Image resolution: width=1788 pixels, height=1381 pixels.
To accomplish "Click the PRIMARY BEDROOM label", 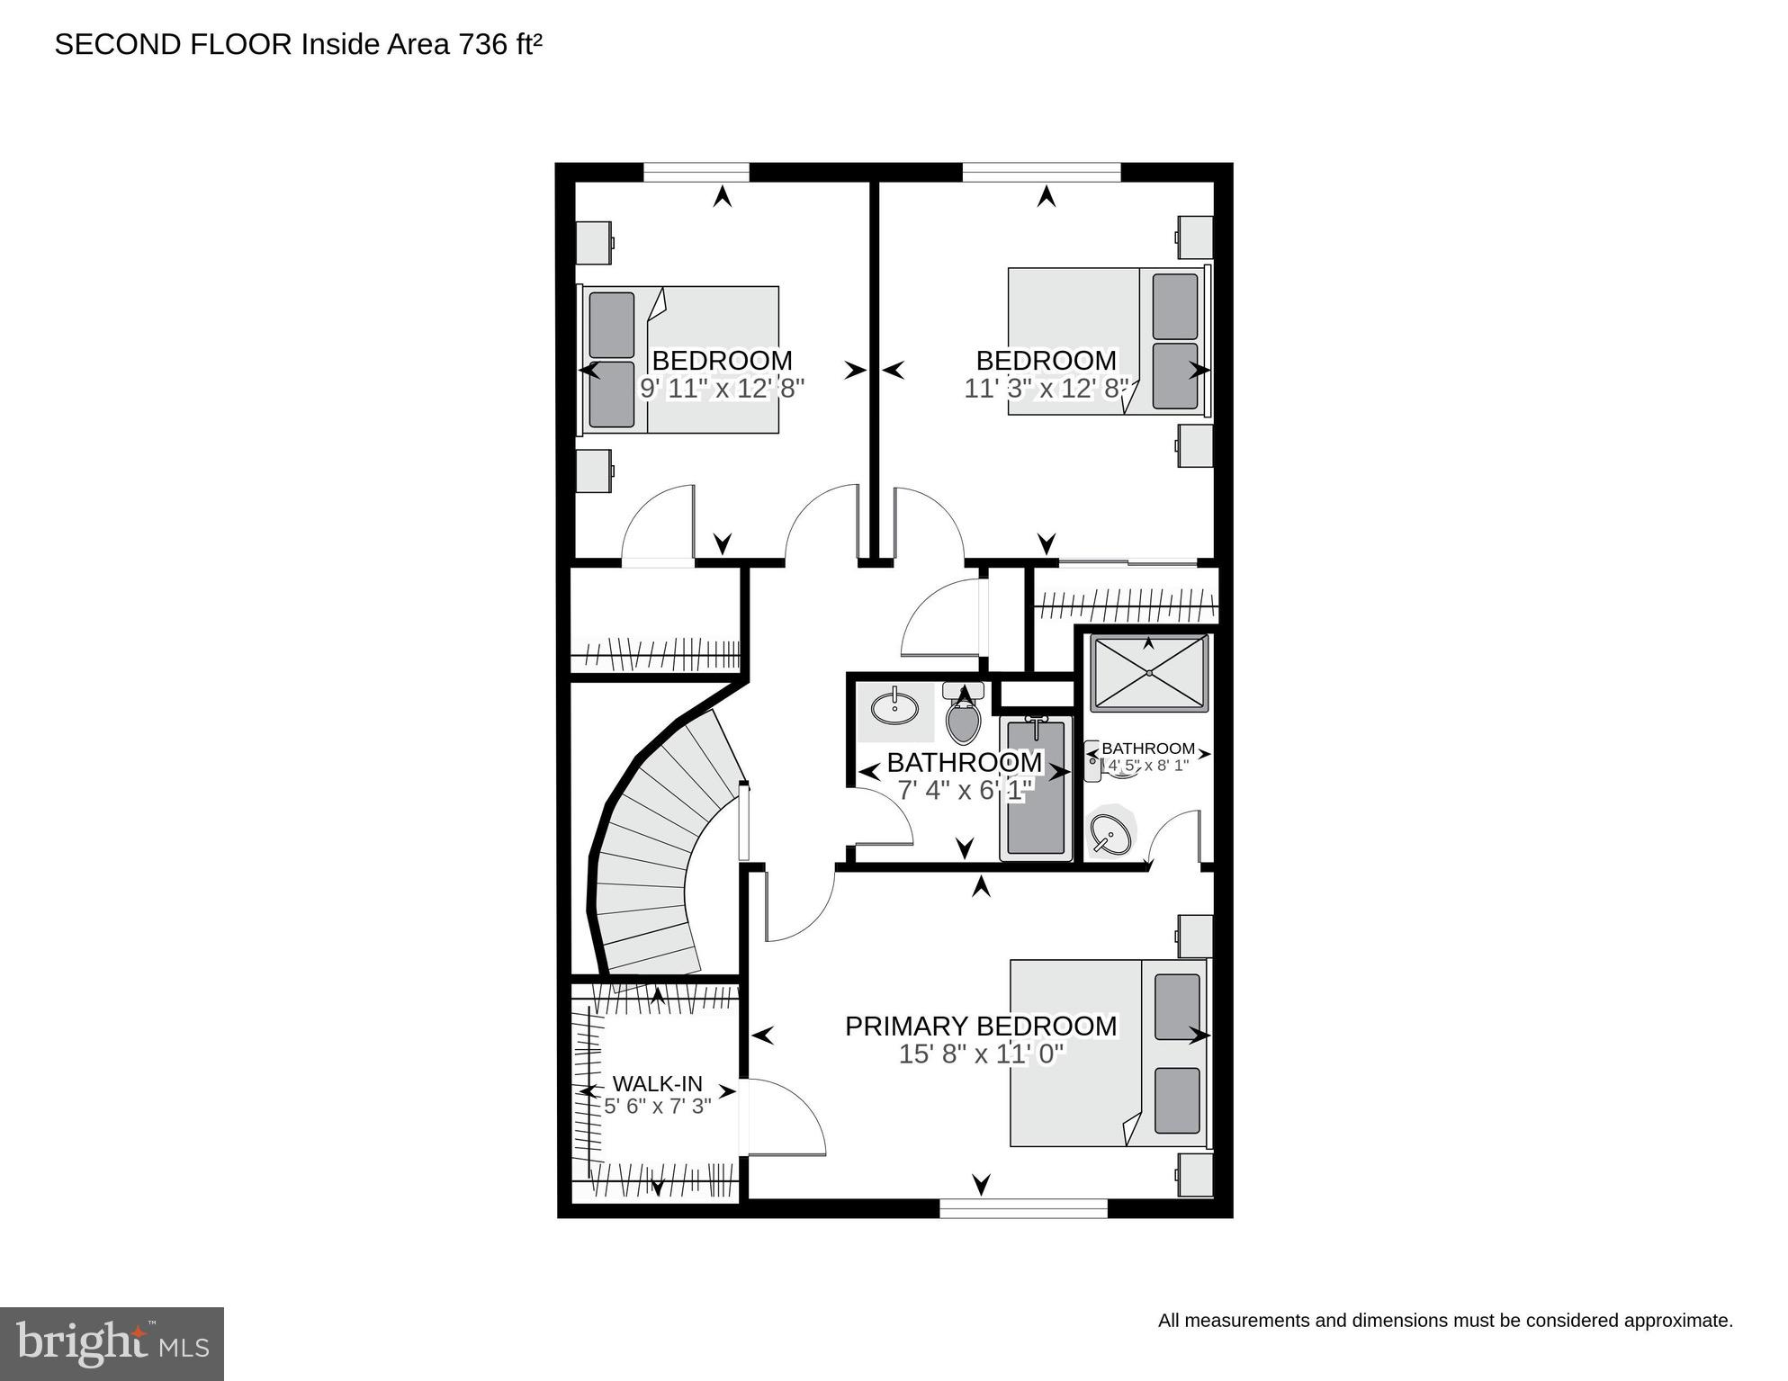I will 980,1026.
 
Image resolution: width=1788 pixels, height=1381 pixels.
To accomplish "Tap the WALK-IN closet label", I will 657,1084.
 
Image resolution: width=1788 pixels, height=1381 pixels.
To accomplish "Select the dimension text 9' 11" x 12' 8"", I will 722,389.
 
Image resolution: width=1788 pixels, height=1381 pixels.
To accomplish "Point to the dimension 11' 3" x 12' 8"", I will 1046,389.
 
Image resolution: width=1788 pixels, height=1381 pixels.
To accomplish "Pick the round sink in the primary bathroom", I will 1111,834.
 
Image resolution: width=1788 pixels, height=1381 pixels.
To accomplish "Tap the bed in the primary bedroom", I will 1107,1053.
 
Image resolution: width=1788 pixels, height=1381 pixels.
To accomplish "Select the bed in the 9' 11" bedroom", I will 681,359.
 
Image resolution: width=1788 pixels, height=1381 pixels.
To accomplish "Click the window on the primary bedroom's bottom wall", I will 1023,1208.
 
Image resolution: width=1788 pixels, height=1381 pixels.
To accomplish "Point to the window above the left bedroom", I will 696,171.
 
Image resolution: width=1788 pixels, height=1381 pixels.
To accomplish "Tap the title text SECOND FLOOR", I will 173,44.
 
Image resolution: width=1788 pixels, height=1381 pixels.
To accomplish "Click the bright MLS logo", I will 112,1344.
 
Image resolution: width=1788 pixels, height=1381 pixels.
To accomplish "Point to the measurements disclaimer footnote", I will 1444,1321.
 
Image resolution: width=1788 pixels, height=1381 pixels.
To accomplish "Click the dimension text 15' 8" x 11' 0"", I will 980,1054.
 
